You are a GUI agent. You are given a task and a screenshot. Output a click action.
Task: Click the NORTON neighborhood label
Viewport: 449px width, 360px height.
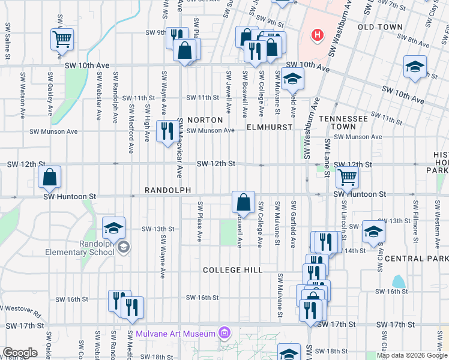point(205,120)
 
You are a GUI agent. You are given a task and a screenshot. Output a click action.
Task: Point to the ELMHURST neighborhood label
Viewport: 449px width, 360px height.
point(269,127)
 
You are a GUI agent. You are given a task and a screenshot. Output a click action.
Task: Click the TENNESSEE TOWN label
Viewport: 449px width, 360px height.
point(343,123)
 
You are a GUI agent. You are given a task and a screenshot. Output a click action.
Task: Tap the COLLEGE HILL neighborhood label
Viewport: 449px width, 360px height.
point(232,270)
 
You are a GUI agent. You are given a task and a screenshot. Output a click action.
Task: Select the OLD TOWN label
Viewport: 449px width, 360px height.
point(380,27)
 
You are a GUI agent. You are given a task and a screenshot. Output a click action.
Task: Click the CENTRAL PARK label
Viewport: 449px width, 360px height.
point(416,259)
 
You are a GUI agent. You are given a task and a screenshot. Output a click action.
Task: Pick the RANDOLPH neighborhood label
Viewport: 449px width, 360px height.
point(167,190)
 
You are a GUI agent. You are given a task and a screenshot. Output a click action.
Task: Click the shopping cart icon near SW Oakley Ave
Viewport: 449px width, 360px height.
point(62,39)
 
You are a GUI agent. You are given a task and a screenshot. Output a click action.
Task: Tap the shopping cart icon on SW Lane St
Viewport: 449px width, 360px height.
point(347,177)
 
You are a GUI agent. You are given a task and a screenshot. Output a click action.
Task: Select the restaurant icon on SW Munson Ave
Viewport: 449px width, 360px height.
point(166,130)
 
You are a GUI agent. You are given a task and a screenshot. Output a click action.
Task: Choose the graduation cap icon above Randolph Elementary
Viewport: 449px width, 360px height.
point(113,227)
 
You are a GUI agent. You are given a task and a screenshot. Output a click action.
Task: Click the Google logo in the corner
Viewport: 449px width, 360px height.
point(19,353)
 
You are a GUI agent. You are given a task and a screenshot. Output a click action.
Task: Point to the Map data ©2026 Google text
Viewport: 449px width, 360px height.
point(412,355)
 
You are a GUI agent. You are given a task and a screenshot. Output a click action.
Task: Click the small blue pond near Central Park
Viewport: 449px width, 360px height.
point(398,281)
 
